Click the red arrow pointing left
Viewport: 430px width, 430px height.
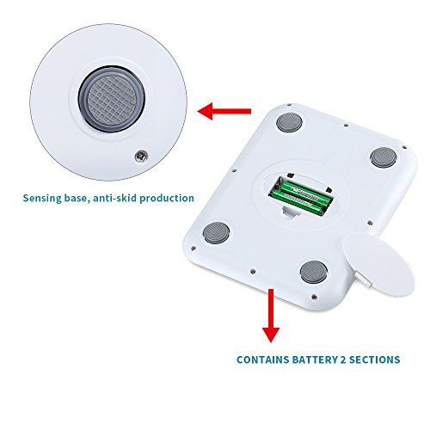tap(224, 111)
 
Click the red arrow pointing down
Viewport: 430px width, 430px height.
tap(271, 316)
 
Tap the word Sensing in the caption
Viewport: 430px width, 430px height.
tap(42, 199)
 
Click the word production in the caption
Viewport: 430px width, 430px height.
tap(167, 199)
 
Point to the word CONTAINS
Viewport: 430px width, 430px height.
tap(259, 359)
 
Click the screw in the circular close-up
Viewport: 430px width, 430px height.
tap(141, 156)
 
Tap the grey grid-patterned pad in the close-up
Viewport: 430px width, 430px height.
tap(111, 99)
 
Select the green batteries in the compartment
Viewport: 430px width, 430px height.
tap(300, 197)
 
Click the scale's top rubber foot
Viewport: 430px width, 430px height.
tap(290, 122)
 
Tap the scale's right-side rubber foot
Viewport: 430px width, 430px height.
tap(384, 157)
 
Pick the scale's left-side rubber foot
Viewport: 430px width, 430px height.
tap(217, 232)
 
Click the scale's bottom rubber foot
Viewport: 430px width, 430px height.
tap(314, 271)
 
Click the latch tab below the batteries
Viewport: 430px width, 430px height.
tap(291, 212)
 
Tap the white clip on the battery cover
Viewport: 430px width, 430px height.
tap(363, 279)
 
